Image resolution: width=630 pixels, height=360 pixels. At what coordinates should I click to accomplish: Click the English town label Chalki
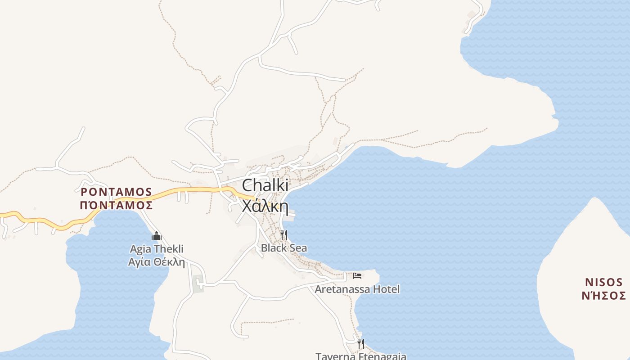point(265,186)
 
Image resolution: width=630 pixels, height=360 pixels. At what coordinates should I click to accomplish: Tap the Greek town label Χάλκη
point(265,206)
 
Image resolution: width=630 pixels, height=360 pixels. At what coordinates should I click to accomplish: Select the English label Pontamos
point(116,192)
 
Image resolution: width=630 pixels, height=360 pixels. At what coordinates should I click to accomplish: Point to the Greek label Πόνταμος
point(116,206)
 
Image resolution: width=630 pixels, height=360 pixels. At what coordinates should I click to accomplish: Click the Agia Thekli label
point(157,249)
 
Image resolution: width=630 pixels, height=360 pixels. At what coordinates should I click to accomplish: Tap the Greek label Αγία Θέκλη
point(157,262)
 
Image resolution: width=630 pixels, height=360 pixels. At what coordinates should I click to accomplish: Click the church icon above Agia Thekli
point(157,236)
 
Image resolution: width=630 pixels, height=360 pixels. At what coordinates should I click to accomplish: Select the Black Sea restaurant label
point(284,248)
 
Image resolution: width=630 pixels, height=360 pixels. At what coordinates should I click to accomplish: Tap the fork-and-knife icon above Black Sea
point(284,234)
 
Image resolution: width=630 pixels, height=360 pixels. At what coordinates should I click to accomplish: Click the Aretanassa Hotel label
point(357,289)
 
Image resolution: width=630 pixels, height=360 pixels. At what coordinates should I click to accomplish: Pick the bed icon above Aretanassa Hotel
point(357,275)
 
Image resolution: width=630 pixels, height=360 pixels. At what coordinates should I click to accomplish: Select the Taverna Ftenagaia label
point(360,356)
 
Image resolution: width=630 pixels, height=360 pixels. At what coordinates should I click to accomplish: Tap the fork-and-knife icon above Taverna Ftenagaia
point(360,343)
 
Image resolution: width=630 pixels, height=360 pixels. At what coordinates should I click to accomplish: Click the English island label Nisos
point(603,282)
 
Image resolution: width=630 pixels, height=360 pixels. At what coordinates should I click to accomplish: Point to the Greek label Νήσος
point(603,296)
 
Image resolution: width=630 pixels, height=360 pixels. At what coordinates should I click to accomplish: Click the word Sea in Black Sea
point(297,248)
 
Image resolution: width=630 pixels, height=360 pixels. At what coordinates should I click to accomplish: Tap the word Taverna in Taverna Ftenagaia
point(333,356)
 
